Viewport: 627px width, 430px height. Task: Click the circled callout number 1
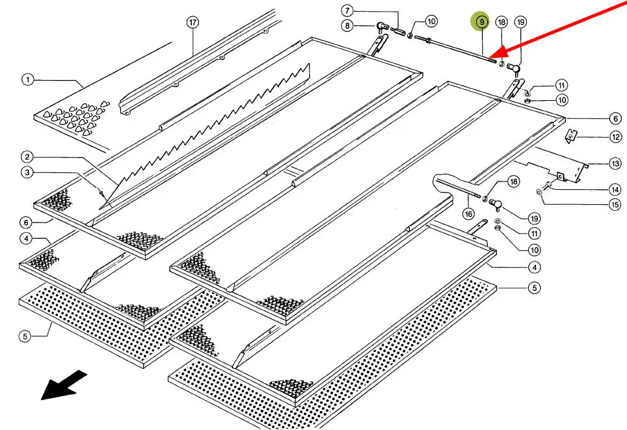[x=27, y=80]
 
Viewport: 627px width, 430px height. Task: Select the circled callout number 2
[x=27, y=157]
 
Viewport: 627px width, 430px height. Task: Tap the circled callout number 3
[x=27, y=172]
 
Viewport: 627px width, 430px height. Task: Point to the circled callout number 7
[x=347, y=11]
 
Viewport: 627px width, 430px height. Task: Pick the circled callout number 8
[x=347, y=26]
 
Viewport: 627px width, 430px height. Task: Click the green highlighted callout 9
[x=481, y=22]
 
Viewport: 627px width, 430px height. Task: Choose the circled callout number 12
[x=615, y=137]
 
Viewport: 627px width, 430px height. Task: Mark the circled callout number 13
[x=615, y=163]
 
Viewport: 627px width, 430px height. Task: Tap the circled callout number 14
[x=615, y=190]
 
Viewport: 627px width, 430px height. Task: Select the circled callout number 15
[x=615, y=206]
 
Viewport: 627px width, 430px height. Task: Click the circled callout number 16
[x=468, y=213]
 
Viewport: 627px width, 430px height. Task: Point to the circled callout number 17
[x=192, y=23]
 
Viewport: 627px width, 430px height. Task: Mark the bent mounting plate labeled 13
[x=553, y=166]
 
